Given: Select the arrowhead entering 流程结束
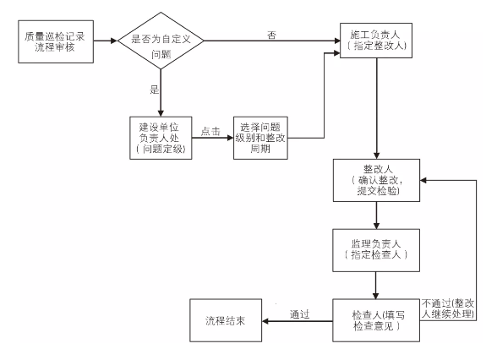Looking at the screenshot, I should coord(270,320).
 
